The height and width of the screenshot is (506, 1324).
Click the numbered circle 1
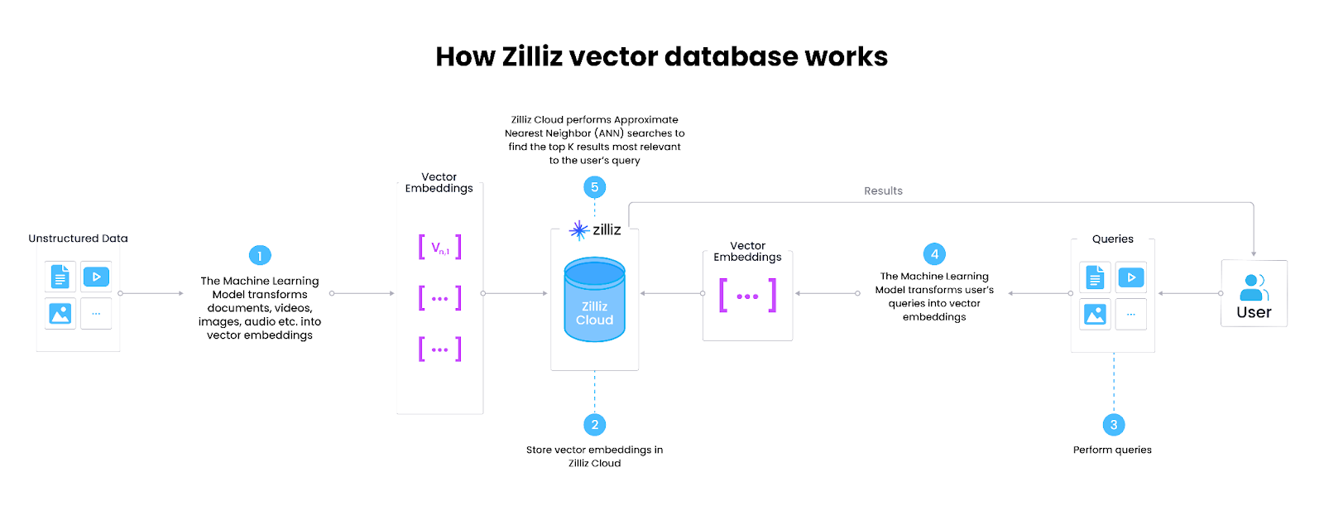[260, 255]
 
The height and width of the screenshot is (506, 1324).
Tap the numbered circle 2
[594, 425]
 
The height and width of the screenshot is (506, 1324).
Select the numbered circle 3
[1114, 425]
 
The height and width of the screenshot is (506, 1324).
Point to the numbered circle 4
[934, 254]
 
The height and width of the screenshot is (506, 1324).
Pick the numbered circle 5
[594, 187]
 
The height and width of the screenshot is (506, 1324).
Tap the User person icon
[1254, 287]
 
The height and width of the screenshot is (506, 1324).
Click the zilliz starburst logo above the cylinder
[579, 230]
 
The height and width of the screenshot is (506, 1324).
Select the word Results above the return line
[883, 191]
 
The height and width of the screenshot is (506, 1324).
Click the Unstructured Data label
[78, 239]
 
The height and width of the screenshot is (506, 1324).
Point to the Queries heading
[1112, 239]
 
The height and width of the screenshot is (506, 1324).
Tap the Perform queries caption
[1112, 450]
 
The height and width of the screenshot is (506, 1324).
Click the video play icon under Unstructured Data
[96, 277]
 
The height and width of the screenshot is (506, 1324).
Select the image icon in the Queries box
[1095, 315]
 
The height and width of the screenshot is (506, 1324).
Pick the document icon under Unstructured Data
[60, 277]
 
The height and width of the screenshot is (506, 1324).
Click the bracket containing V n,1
[439, 247]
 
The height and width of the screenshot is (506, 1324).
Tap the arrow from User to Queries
[1189, 293]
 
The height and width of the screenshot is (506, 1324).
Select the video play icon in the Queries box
[1130, 277]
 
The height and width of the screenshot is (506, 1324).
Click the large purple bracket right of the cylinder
[747, 296]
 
